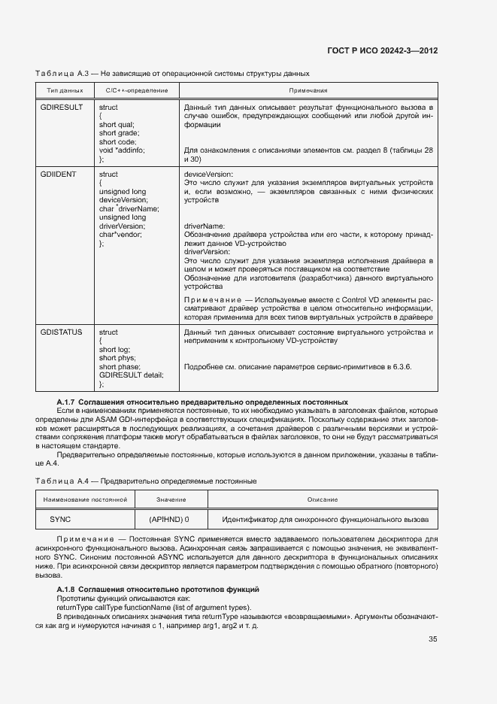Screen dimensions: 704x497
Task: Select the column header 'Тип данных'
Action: click(65, 90)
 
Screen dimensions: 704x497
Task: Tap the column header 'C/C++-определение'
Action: click(132, 90)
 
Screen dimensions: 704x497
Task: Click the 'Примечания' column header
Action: click(309, 90)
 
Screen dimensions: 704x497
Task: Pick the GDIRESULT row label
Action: click(61, 108)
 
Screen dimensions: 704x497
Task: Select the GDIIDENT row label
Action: click(58, 174)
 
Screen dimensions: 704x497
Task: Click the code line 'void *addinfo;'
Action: click(122, 150)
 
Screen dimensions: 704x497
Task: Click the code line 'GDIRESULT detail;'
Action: click(132, 375)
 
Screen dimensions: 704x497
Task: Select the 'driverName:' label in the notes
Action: click(205, 226)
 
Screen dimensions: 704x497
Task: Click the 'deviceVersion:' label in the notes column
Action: click(209, 174)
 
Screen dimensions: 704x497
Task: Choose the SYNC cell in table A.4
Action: click(60, 519)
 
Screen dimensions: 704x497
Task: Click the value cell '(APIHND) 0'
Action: click(169, 519)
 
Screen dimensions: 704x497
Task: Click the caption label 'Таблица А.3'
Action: click(63, 73)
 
